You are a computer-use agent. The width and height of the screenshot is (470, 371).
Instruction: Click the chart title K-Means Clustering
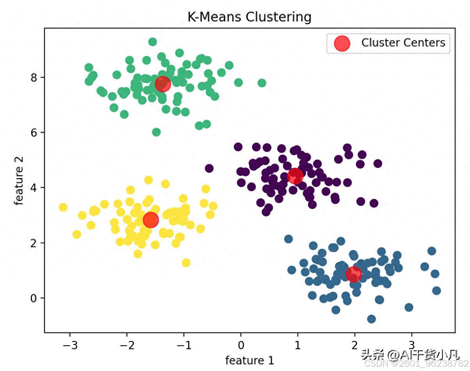pyautogui.click(x=249, y=17)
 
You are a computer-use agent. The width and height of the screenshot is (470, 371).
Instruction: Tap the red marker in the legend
pyautogui.click(x=342, y=43)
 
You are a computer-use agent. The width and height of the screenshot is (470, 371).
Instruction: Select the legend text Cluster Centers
pyautogui.click(x=403, y=43)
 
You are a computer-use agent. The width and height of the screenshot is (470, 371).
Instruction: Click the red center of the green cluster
pyautogui.click(x=163, y=84)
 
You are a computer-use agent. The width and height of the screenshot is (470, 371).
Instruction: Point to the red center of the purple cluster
pyautogui.click(x=295, y=176)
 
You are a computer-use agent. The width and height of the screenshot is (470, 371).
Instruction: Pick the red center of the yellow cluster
pyautogui.click(x=151, y=220)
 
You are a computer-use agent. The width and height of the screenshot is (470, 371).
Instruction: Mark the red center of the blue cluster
pyautogui.click(x=354, y=274)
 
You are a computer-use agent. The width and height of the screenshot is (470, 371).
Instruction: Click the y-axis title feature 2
pyautogui.click(x=19, y=181)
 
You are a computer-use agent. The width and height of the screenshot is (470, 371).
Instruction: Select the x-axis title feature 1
pyautogui.click(x=249, y=360)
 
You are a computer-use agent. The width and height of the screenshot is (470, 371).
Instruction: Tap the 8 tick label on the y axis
pyautogui.click(x=34, y=77)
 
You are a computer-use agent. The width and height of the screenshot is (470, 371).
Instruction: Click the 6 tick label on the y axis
pyautogui.click(x=34, y=133)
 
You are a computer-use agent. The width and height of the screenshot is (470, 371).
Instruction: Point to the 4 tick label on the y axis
pyautogui.click(x=34, y=188)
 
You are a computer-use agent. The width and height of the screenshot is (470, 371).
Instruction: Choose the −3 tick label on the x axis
pyautogui.click(x=70, y=346)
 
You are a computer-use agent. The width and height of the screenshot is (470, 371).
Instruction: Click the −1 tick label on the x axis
pyautogui.click(x=184, y=346)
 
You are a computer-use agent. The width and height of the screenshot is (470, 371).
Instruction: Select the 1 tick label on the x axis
pyautogui.click(x=298, y=346)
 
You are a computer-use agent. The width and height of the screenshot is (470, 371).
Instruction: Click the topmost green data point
pyautogui.click(x=153, y=42)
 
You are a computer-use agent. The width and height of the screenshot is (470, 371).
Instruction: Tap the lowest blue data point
pyautogui.click(x=371, y=319)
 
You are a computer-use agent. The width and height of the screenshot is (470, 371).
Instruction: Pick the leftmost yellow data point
pyautogui.click(x=63, y=207)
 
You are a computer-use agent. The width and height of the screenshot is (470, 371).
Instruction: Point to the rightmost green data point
pyautogui.click(x=262, y=83)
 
